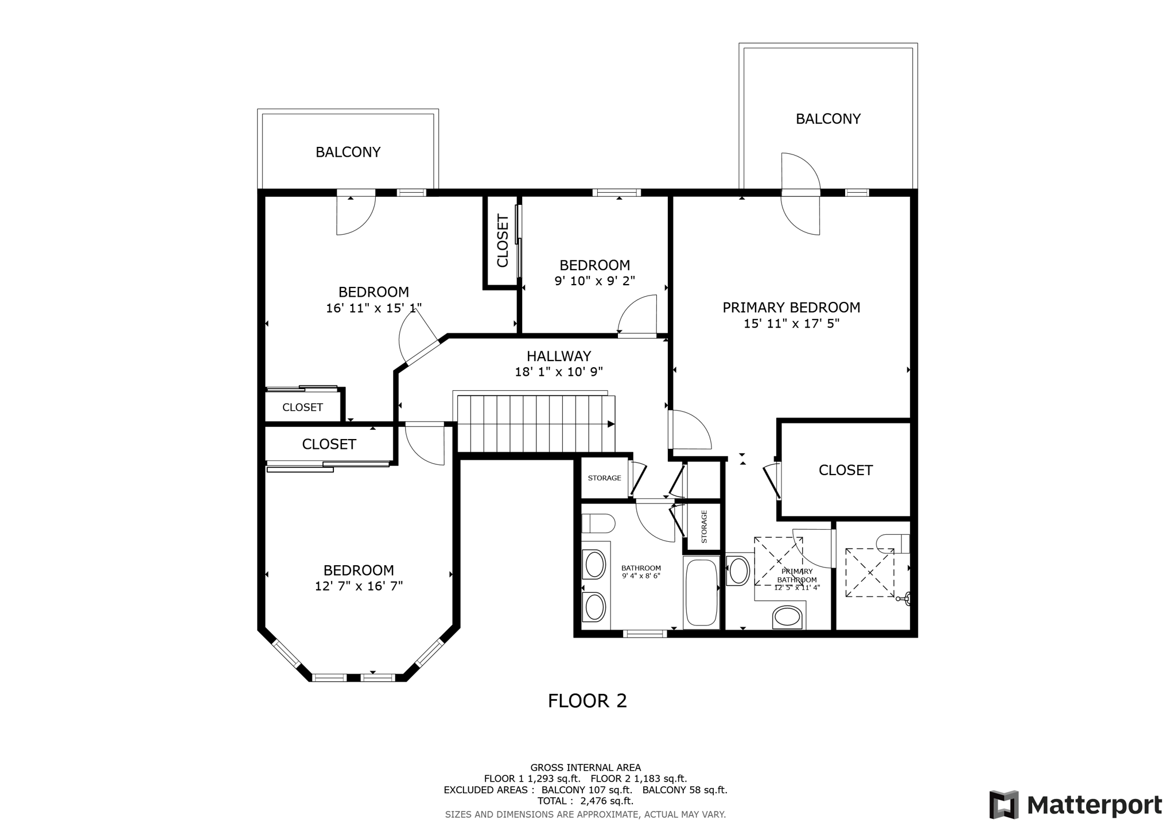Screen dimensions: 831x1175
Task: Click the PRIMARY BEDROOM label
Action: coord(791,308)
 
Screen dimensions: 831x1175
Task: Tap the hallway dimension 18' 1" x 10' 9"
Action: coord(559,372)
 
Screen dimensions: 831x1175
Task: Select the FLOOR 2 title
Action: coord(587,701)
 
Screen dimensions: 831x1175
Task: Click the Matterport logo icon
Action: coord(1003,805)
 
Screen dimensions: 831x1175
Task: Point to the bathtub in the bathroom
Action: coord(701,593)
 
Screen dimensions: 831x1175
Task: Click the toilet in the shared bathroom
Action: coord(598,523)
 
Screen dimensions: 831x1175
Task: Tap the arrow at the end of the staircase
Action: coord(611,424)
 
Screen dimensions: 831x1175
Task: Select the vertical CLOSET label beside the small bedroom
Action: coord(503,241)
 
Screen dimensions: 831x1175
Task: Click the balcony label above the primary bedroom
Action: coord(828,119)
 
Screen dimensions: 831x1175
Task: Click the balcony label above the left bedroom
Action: coord(348,152)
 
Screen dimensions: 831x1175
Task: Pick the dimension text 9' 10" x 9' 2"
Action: coord(594,281)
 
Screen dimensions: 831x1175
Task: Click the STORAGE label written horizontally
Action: coord(604,478)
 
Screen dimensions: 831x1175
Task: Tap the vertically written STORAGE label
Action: coord(704,527)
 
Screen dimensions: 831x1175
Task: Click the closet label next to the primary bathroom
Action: coord(845,471)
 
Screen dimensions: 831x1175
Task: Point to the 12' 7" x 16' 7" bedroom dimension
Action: coord(359,587)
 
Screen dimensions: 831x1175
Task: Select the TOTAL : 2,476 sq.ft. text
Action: coord(585,801)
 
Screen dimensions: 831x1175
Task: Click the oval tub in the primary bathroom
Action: coord(787,618)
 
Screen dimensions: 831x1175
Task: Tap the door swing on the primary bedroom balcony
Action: coord(800,172)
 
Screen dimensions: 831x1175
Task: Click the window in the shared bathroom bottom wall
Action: coord(645,634)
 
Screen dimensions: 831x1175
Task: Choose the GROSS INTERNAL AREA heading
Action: coord(585,767)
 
